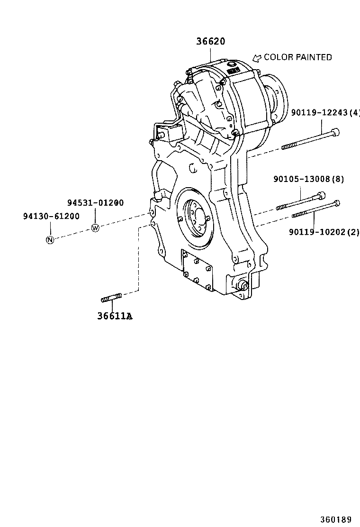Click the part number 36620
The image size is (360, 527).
211,42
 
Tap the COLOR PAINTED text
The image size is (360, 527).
297,57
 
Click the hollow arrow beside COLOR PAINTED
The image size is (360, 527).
257,58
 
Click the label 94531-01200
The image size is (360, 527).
95,203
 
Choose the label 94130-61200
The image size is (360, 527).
51,216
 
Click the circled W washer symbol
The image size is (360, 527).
95,228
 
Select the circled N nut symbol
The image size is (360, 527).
50,239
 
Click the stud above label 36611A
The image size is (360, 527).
111,298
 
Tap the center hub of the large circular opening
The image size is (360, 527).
196,220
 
